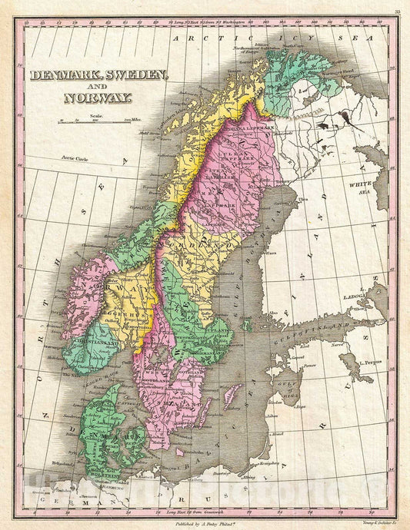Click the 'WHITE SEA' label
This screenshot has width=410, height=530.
pyautogui.click(x=359, y=188)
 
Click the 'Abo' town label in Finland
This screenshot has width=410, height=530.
pyautogui.click(x=272, y=313)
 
